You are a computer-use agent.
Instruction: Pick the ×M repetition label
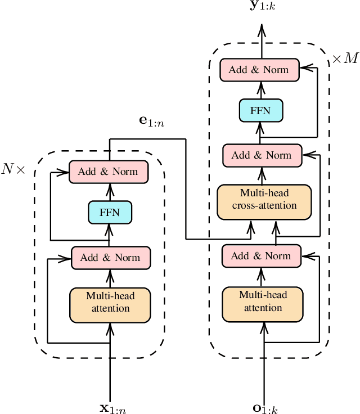tap(344, 59)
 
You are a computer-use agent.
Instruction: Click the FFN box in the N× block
tap(110, 213)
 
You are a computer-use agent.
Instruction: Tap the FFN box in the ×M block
tap(261, 110)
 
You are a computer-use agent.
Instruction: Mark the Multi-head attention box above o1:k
tap(263, 301)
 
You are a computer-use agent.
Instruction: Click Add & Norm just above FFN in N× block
tap(108, 172)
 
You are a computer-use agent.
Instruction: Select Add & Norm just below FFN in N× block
tap(110, 258)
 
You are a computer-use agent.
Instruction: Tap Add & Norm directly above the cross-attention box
tap(262, 155)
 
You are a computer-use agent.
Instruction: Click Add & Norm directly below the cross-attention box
tap(262, 256)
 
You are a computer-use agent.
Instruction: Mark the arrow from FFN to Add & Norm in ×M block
tap(261, 90)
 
